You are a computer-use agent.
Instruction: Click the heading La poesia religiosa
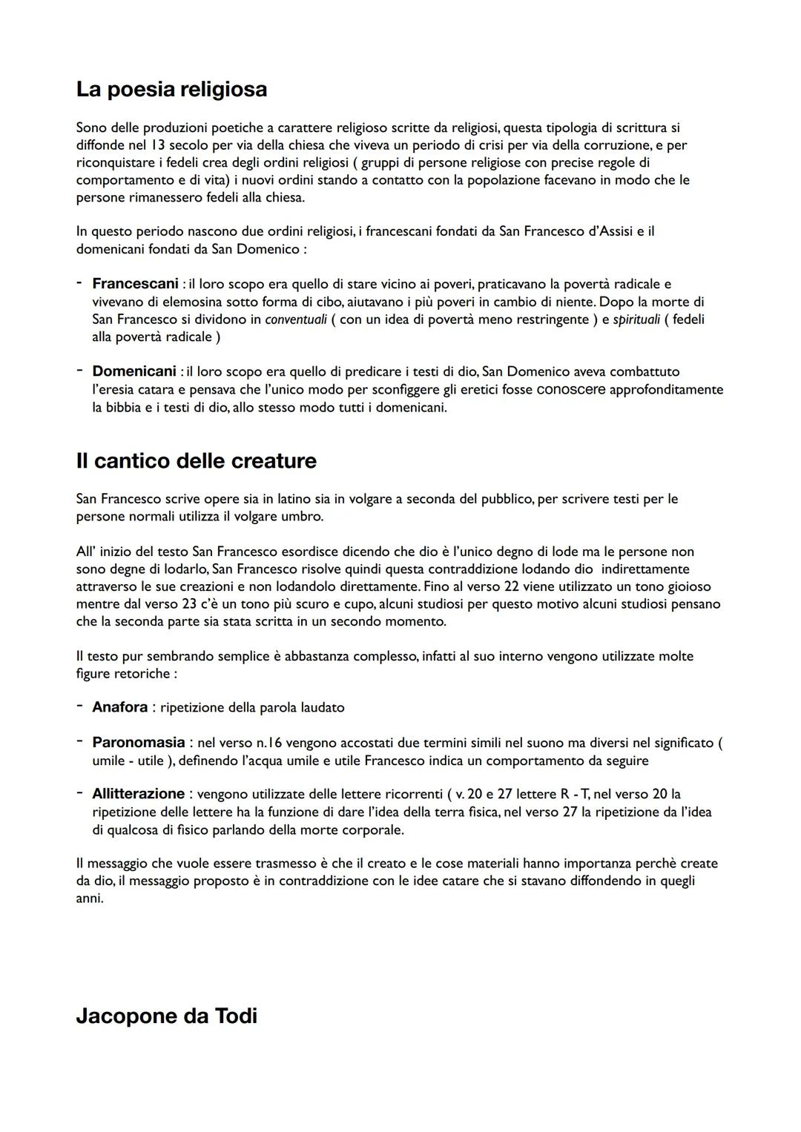point(171,90)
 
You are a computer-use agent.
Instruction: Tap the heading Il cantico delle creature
point(196,461)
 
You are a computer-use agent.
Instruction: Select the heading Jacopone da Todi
point(166,1016)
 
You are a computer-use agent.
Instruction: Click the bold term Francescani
point(135,284)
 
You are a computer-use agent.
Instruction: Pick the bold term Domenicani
point(133,371)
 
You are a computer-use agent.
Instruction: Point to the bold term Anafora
point(119,707)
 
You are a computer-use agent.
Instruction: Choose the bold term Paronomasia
point(138,743)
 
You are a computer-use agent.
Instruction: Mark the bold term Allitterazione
point(138,794)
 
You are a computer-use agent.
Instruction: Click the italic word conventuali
point(294,320)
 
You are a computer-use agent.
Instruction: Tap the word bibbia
point(125,408)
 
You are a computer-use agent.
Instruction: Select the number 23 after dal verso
point(188,604)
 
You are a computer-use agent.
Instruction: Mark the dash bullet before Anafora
point(79,707)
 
